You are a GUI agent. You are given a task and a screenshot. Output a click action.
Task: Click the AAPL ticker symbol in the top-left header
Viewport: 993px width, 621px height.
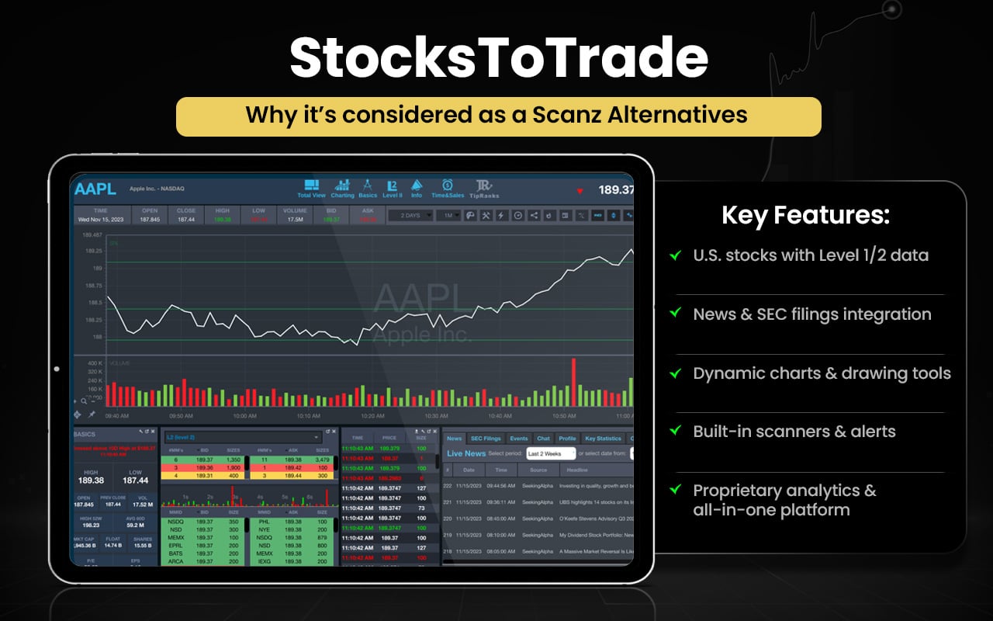[x=95, y=189]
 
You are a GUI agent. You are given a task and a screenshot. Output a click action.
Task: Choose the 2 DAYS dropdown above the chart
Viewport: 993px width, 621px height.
[x=410, y=215]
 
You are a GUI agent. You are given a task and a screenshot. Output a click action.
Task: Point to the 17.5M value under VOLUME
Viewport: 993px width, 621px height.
[x=295, y=220]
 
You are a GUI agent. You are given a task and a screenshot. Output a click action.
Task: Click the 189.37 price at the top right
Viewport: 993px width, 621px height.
[x=615, y=190]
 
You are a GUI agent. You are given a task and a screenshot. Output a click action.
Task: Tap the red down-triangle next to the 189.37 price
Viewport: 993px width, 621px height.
[x=580, y=190]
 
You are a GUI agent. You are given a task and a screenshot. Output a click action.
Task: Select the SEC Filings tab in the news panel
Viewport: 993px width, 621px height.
[x=486, y=439]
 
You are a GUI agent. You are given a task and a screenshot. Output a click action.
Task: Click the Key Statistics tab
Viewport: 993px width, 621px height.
[x=603, y=439]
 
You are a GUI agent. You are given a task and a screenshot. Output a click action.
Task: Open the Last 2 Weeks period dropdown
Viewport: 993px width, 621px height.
[x=549, y=453]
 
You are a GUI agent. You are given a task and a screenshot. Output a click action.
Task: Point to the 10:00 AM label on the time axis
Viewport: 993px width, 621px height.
[x=244, y=416]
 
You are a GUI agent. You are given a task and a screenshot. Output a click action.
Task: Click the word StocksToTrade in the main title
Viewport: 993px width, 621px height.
[x=498, y=58]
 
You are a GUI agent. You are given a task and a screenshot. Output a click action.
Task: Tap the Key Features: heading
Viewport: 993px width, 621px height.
[x=805, y=215]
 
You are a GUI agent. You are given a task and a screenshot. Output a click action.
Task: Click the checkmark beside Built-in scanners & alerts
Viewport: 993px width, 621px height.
[x=676, y=430]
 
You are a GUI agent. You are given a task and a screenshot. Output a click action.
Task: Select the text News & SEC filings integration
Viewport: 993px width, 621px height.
[x=811, y=314]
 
